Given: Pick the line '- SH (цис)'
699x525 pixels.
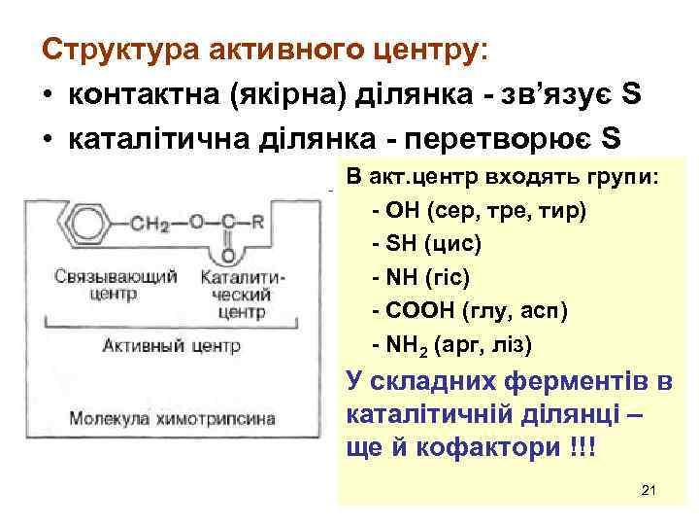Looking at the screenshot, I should (426, 244).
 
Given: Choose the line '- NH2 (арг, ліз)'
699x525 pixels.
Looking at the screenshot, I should (452, 345).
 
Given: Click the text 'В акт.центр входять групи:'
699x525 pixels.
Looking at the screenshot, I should (501, 177).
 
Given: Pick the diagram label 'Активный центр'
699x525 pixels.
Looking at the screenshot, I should (171, 344).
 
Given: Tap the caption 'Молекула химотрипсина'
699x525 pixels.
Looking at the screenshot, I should (171, 419).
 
